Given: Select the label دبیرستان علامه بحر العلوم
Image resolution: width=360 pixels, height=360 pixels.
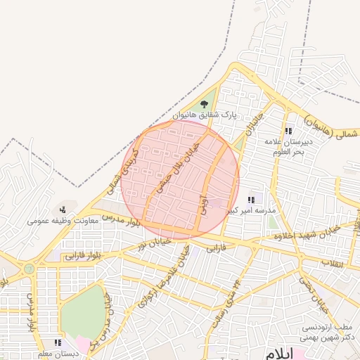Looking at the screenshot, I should click(x=288, y=146).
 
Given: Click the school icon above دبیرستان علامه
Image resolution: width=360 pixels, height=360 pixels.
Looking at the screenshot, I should click(x=288, y=131).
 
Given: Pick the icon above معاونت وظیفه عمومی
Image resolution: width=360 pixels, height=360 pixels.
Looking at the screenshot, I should click(x=63, y=209).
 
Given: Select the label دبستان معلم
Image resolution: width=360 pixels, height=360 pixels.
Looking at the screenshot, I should click(x=58, y=354).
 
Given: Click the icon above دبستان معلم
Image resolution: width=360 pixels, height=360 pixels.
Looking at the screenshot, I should click(x=58, y=343).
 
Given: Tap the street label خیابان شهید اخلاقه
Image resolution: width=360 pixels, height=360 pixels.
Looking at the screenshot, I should click(x=304, y=233).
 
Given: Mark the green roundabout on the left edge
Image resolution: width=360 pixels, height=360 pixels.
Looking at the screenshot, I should click(x=29, y=269).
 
